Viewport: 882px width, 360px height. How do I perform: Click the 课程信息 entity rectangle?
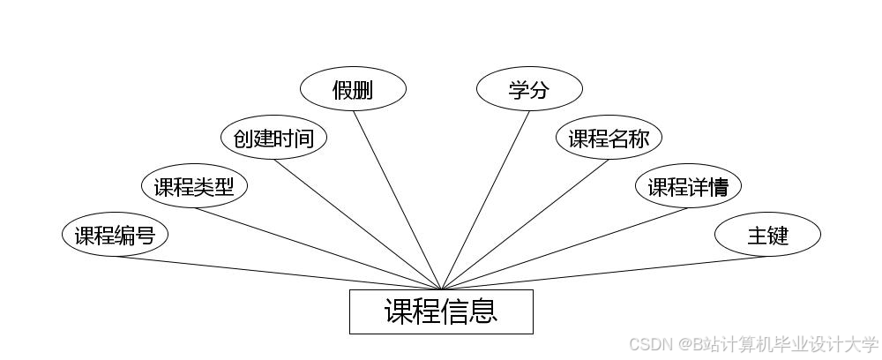click(x=441, y=311)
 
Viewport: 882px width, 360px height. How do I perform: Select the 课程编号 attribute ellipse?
click(x=115, y=236)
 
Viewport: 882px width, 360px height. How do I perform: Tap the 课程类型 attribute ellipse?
click(x=194, y=186)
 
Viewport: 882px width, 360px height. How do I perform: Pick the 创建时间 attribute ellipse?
click(x=273, y=138)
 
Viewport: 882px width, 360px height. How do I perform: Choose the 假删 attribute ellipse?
click(x=353, y=89)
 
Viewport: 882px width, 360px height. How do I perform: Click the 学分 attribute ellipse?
click(x=529, y=89)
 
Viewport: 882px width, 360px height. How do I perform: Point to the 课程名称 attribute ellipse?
click(x=609, y=138)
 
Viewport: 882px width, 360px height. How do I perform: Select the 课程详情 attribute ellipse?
click(x=688, y=186)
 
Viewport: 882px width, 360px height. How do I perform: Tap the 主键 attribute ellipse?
click(x=767, y=236)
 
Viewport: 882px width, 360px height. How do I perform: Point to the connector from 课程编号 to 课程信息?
click(x=278, y=273)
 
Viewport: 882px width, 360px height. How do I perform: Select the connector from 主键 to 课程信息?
click(x=604, y=273)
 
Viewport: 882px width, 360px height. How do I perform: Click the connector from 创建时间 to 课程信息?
click(x=357, y=224)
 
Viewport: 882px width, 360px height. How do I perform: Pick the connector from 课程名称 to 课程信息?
click(x=525, y=224)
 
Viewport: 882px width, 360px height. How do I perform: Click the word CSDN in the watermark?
click(x=650, y=344)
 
